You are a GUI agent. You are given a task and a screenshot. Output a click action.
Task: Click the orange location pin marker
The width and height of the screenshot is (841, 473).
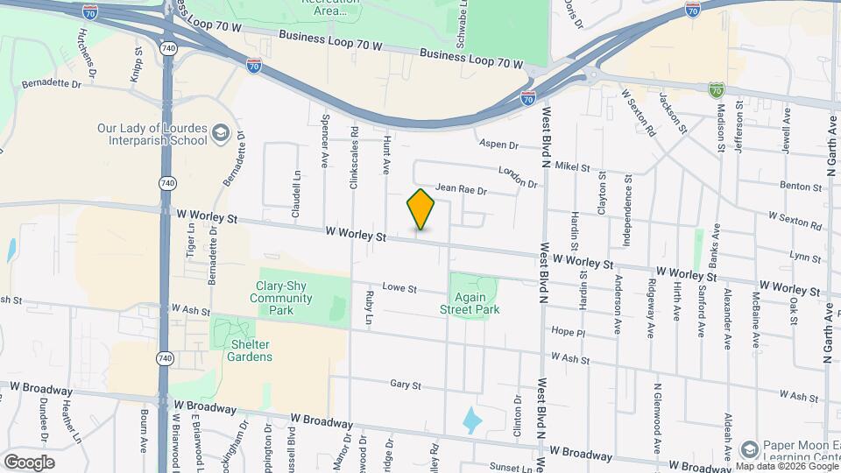(420, 209)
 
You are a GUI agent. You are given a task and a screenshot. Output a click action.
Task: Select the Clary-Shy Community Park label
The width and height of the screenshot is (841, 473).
(280, 292)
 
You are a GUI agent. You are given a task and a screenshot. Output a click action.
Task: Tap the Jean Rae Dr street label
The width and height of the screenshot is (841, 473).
(460, 188)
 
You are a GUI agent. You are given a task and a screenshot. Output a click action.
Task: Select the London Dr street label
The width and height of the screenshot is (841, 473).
(516, 177)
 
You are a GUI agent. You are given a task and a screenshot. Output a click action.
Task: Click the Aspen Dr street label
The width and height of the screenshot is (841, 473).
(498, 145)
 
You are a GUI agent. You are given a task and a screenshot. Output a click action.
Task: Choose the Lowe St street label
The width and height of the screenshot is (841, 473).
(399, 287)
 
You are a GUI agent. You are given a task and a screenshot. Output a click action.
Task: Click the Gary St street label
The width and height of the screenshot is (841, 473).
(406, 385)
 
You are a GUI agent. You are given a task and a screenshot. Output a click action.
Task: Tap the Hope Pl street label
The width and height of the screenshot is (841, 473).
(567, 332)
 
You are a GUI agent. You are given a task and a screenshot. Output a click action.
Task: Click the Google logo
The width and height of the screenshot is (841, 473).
(29, 462)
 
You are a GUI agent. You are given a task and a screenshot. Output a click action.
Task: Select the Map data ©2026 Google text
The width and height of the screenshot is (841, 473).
(787, 466)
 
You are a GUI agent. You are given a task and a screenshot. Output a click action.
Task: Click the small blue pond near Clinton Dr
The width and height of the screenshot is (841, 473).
(472, 420)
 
